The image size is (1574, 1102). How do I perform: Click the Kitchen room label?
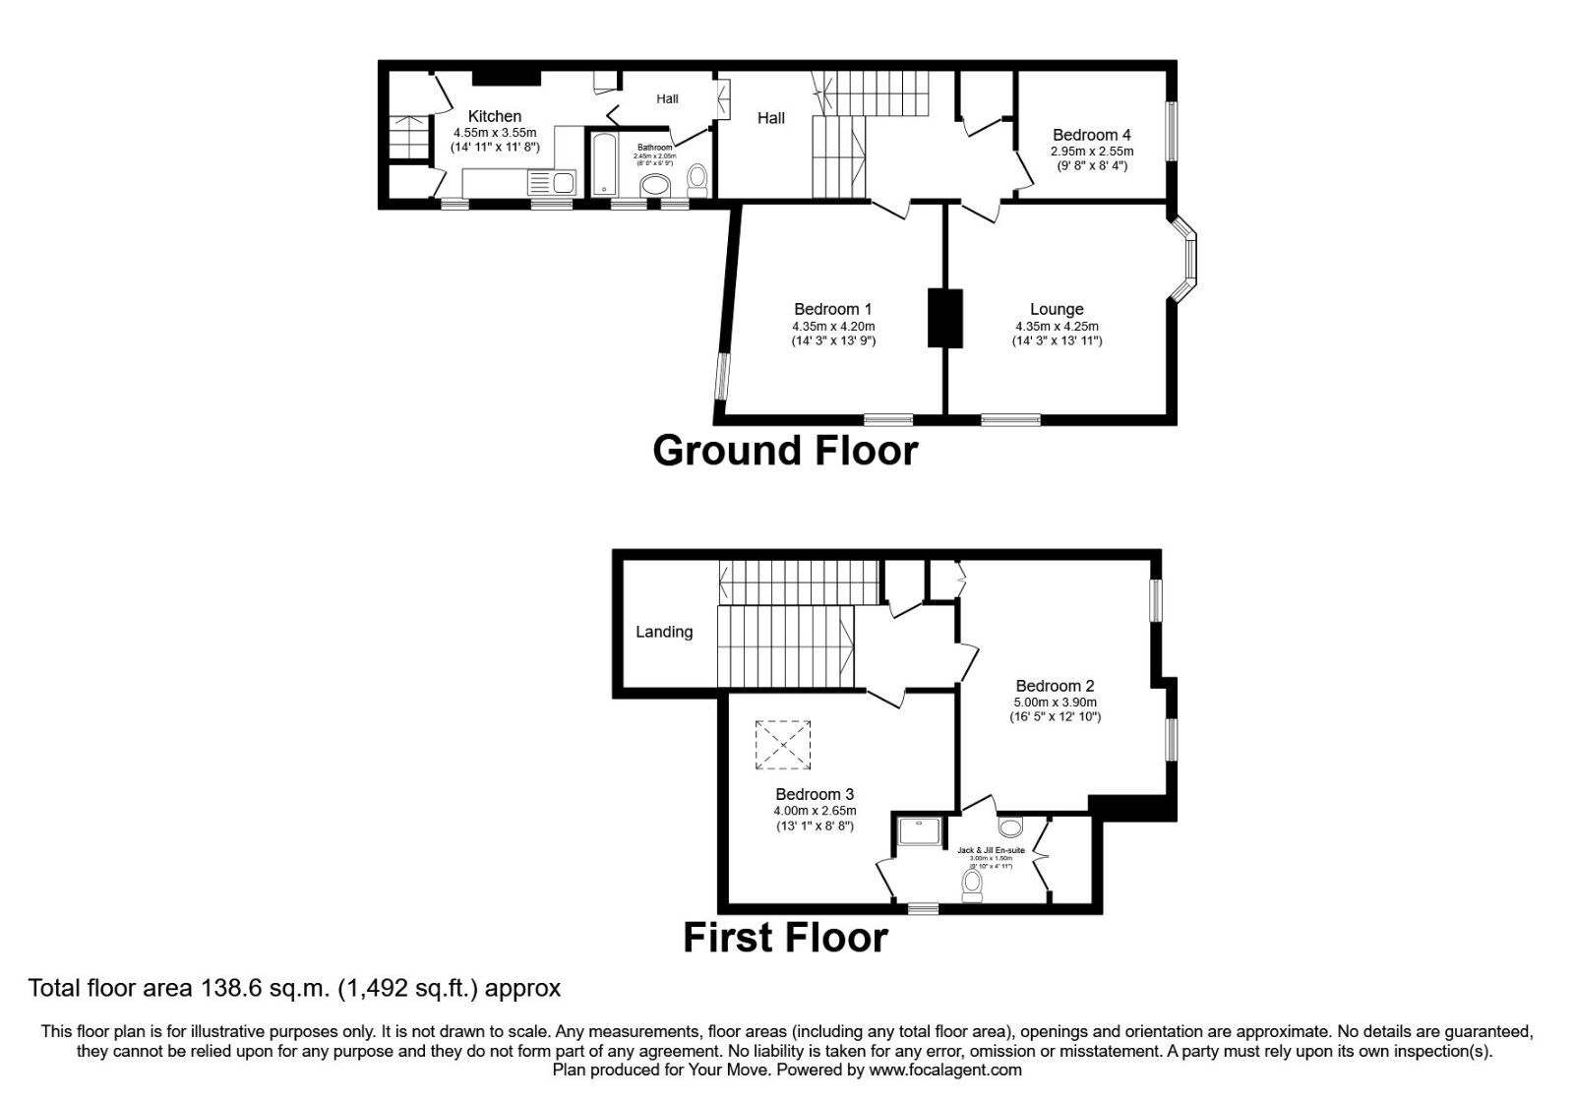(x=495, y=116)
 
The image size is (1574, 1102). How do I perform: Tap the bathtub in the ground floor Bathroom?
(x=603, y=166)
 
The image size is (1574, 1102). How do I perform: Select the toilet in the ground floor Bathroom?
(x=697, y=178)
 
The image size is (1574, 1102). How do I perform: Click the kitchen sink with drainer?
(x=551, y=182)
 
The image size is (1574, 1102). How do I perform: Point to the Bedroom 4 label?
(x=1091, y=135)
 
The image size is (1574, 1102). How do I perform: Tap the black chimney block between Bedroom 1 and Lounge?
(x=944, y=318)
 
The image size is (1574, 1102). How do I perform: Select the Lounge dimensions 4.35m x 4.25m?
(x=1057, y=327)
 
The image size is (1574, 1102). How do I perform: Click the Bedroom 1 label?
(x=832, y=309)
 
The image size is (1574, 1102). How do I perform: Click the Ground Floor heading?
(x=785, y=451)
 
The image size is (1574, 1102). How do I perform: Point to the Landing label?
(x=664, y=632)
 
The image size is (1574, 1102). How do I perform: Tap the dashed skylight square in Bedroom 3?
(x=783, y=745)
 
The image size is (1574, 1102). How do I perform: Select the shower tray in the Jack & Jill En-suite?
(x=920, y=831)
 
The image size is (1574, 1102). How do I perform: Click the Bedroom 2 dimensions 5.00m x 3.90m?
(x=1055, y=703)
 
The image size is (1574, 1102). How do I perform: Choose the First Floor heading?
(x=785, y=938)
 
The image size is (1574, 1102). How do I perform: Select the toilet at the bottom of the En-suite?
(x=973, y=887)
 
